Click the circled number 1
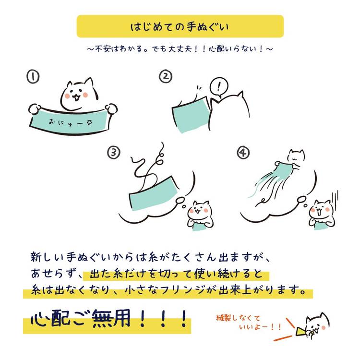coord(33,77)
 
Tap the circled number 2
coord(166,76)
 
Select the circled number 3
coord(114,153)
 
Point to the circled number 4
coord(243,153)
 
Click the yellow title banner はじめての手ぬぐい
coord(180,26)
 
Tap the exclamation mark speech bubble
coord(219,87)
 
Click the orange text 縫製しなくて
coord(238,318)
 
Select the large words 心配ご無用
coord(80,318)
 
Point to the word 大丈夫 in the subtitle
coord(180,48)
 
